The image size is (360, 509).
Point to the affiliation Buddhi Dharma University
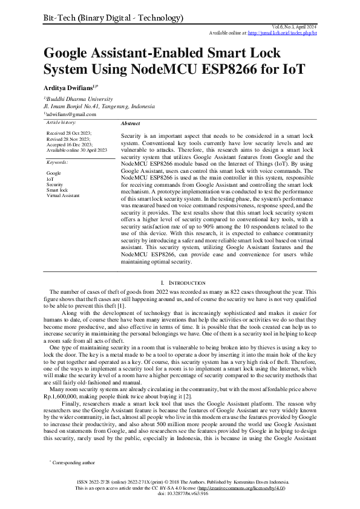tap(79, 99)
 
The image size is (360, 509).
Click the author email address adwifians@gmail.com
tap(71, 114)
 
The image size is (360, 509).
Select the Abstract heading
tap(131, 123)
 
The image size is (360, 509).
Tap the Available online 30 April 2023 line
tap(77, 149)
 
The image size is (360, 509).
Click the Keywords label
tap(58, 163)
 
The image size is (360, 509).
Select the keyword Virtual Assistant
tap(62, 196)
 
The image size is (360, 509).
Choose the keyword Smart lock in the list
tap(57, 190)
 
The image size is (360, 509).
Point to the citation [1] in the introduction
tap(121, 306)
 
